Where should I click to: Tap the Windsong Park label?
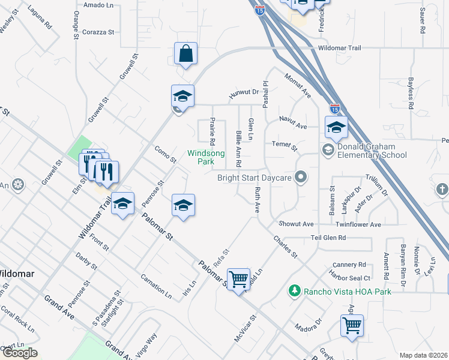pyautogui.click(x=206, y=157)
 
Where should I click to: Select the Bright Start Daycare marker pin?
pyautogui.click(x=301, y=177)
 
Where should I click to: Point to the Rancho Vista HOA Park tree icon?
pyautogui.click(x=294, y=291)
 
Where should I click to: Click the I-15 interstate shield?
pyautogui.click(x=335, y=109)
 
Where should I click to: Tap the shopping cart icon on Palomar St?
pyautogui.click(x=239, y=279)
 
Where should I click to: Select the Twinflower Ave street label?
pyautogui.click(x=358, y=224)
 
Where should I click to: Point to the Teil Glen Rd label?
pyautogui.click(x=328, y=238)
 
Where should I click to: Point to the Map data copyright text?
pyautogui.click(x=424, y=355)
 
